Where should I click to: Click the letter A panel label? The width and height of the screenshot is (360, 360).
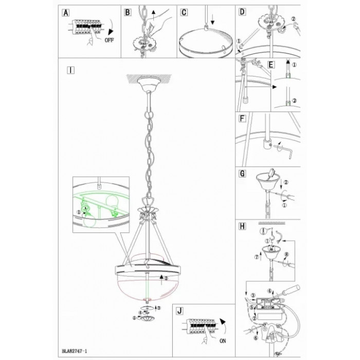[x=66, y=13]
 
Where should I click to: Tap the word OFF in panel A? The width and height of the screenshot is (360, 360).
[x=109, y=40]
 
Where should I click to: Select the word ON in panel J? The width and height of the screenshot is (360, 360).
[x=223, y=341]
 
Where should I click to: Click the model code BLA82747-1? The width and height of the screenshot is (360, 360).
[x=75, y=351]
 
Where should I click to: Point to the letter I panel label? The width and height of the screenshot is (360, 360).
[x=71, y=70]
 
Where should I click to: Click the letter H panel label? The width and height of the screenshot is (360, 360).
[x=242, y=226]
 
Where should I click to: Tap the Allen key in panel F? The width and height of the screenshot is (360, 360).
[x=283, y=151]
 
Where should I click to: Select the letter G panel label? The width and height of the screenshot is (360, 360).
[x=242, y=174]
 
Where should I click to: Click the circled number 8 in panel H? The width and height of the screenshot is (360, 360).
[x=286, y=255]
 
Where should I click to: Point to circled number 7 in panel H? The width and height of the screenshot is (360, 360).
[x=256, y=257]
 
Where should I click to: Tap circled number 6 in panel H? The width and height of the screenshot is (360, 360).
[x=256, y=338]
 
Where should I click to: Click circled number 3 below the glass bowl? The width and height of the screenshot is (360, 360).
[x=159, y=308]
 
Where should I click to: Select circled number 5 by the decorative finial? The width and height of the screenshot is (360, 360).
[x=135, y=318]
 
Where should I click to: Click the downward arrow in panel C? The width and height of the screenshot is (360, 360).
[x=212, y=20]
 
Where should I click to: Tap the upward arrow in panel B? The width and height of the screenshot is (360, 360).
[x=153, y=15]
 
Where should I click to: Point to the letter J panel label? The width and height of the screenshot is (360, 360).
[x=179, y=311]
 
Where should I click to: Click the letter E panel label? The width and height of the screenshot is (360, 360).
[x=271, y=65]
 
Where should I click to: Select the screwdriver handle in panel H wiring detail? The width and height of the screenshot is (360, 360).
[x=291, y=291]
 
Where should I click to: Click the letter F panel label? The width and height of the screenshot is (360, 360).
[x=242, y=119]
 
